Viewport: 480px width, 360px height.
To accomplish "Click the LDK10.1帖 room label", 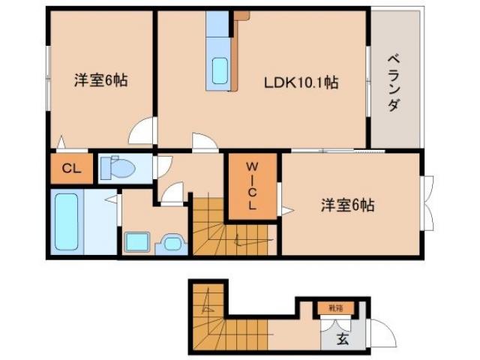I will (300, 82).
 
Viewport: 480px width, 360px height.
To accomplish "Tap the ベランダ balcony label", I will (392, 82).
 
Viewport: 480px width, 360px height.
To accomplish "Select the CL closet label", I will (71, 169).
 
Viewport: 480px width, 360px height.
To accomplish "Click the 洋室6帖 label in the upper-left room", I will (100, 81).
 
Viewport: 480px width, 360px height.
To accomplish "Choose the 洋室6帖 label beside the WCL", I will (349, 204).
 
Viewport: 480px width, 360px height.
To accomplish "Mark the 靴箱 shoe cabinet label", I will (334, 307).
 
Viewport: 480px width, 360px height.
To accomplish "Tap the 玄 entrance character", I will (342, 338).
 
